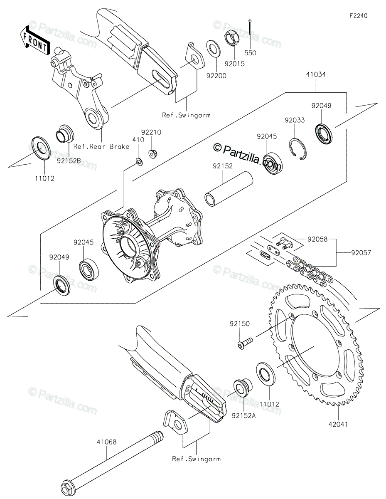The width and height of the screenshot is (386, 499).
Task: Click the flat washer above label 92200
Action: tap(214, 48)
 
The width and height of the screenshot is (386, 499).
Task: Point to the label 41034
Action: tap(316, 75)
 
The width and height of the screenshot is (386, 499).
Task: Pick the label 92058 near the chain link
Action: tap(317, 239)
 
